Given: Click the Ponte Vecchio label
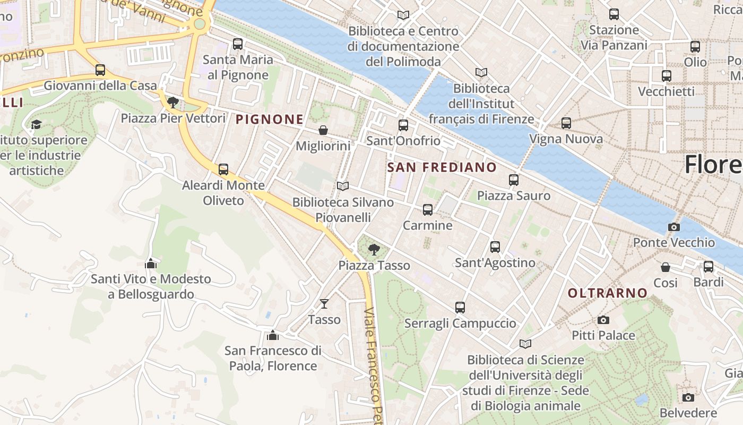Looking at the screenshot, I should coord(673,243).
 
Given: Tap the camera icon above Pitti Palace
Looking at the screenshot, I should coord(603,320).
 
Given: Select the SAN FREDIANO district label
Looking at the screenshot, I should coord(442,167).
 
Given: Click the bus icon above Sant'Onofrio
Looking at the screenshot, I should coord(403,125).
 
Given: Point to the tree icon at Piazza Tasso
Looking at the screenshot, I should coord(374,249).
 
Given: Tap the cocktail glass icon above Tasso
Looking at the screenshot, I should coord(324,304).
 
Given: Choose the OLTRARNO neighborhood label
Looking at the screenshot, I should coord(607,293).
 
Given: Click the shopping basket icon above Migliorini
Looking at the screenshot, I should coord(323,130).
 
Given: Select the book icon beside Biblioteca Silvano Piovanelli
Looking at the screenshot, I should coord(343,186).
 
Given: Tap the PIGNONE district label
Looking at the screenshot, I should coord(269,119).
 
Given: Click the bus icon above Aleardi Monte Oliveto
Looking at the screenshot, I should coord(223,169).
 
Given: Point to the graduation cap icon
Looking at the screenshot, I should coord(36,124).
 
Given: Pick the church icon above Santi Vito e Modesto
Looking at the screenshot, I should coord(151,263).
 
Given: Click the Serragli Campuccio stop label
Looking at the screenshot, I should coord(460,323).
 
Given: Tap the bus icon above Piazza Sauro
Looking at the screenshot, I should coord(513,180).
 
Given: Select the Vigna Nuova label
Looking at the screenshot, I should coord(566,139).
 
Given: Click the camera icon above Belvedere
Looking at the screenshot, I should coord(688,397).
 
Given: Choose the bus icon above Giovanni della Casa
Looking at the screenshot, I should coord(100,70).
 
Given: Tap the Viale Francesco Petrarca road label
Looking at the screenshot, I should coord(374,367).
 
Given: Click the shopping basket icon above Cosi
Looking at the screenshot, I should coord(666,267).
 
